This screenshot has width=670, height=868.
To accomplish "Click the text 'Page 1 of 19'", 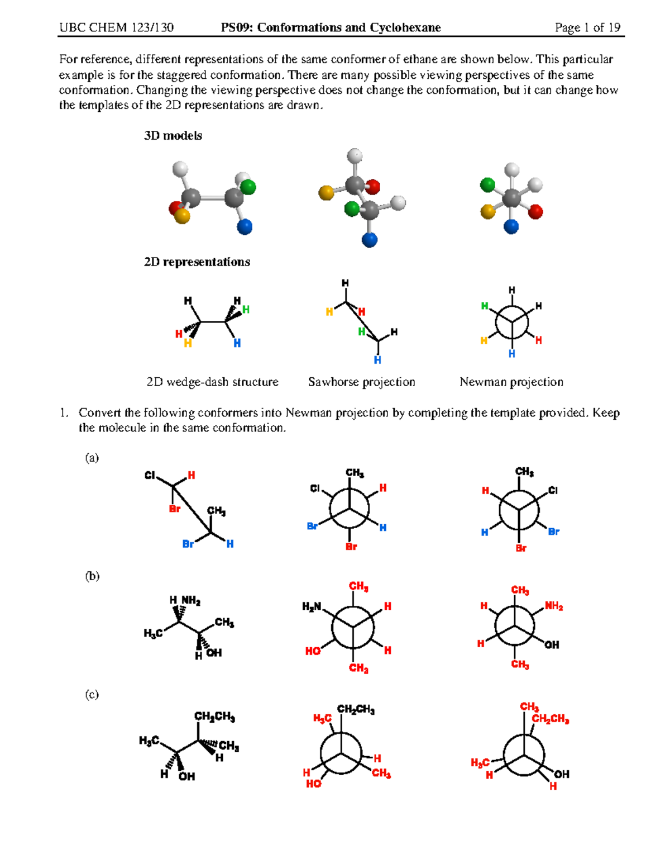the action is click(x=587, y=27).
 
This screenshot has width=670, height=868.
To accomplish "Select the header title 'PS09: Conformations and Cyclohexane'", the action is click(x=331, y=27).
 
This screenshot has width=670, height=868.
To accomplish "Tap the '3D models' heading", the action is click(x=173, y=136).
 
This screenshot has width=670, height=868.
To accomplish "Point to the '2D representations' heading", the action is click(x=197, y=262).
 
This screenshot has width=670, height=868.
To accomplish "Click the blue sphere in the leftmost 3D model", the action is click(x=245, y=227).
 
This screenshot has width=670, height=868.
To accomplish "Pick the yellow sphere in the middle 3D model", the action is click(x=326, y=193).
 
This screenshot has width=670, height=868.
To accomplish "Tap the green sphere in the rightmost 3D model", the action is click(x=487, y=184).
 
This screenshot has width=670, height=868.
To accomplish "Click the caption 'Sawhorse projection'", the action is click(x=361, y=382).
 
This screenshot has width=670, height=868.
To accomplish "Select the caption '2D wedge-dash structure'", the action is click(x=212, y=382).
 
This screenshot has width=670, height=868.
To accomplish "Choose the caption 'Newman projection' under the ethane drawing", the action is click(x=511, y=382).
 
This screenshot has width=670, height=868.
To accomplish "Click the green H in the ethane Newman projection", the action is click(x=485, y=306).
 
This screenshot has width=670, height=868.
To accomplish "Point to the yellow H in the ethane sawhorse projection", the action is click(x=329, y=312).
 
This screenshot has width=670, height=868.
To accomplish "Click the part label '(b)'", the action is click(x=92, y=576).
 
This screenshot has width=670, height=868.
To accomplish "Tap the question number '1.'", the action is click(x=65, y=413).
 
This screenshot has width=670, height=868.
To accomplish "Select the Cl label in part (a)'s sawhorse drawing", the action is click(x=150, y=476).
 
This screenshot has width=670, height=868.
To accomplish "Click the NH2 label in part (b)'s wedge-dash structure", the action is click(x=190, y=601).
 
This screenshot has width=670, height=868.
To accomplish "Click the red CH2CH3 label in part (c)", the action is click(x=550, y=719).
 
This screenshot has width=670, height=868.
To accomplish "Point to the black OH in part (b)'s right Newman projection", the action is click(x=552, y=645).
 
